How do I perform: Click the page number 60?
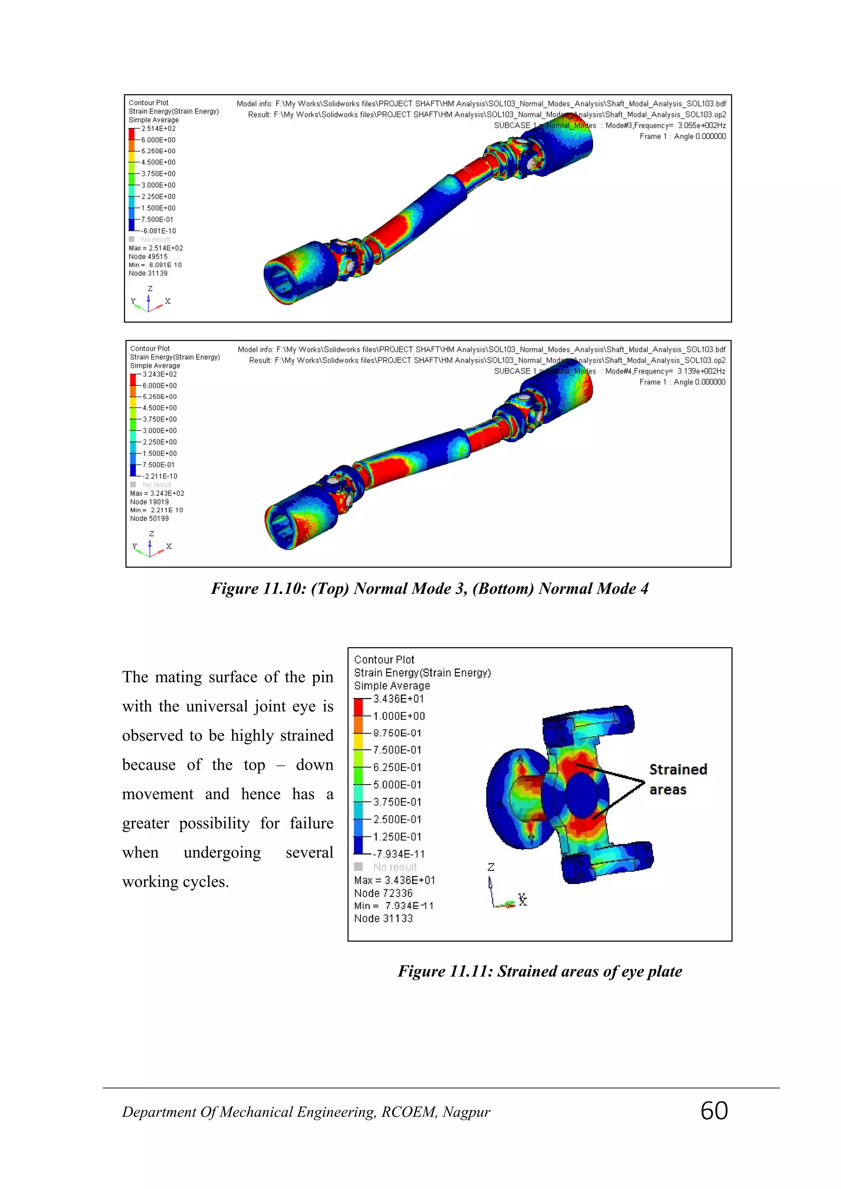[x=714, y=1111]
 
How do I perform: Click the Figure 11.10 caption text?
[x=429, y=588]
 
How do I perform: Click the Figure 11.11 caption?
[x=540, y=971]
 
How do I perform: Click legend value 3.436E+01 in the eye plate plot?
[x=398, y=699]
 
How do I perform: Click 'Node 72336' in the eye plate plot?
[x=383, y=893]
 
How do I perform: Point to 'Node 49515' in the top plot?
[x=148, y=256]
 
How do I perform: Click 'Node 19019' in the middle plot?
[x=149, y=502]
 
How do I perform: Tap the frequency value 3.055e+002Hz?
[x=701, y=125]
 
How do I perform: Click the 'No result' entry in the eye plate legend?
[x=395, y=867]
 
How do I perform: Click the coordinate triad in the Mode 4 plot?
[x=150, y=547]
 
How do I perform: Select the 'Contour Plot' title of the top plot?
[x=149, y=103]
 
